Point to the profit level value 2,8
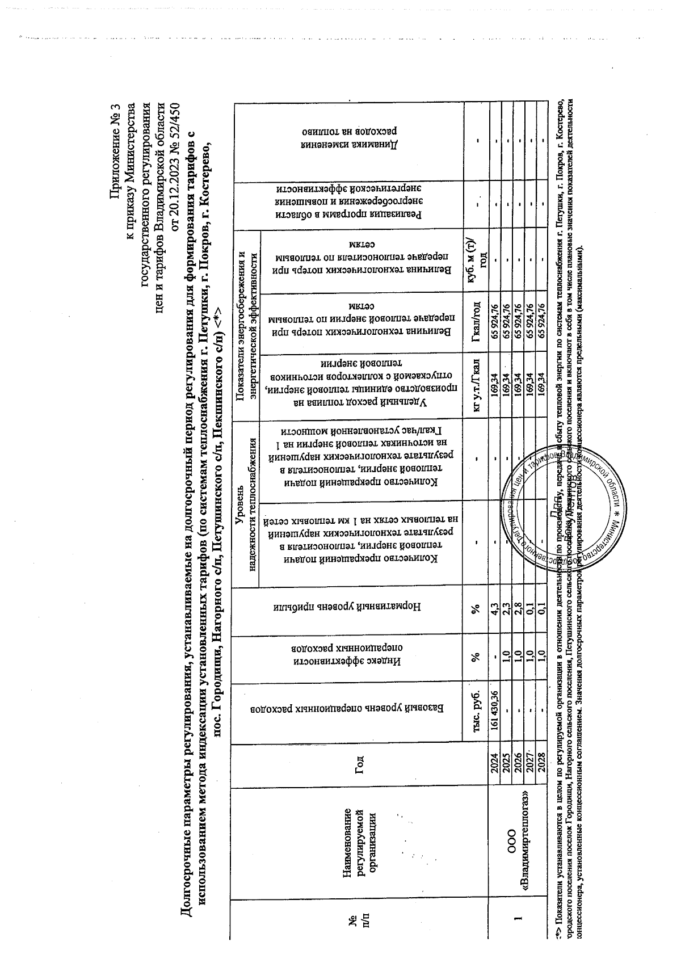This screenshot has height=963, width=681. pos(518,612)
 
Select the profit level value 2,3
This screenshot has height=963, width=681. pos(505,612)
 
